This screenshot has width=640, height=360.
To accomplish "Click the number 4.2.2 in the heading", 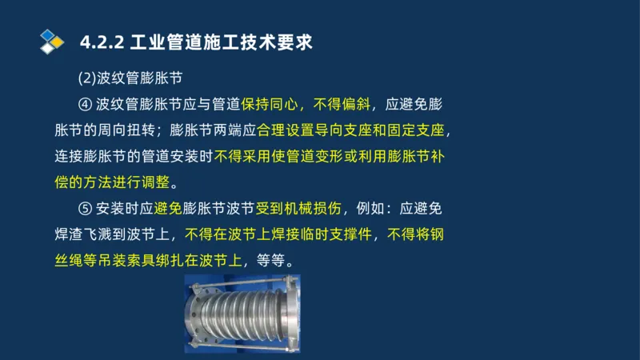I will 102,42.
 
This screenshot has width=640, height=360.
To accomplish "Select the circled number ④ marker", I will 86,104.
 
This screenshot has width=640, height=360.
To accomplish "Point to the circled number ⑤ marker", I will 86,210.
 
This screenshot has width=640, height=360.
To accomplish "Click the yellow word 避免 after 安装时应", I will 165,210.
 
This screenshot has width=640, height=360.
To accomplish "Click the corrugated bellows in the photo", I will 240,316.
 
